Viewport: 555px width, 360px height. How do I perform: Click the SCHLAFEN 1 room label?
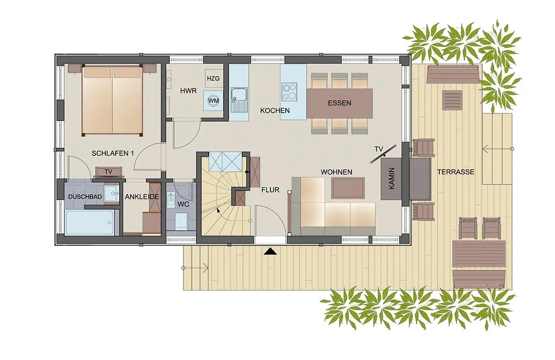click(113, 153)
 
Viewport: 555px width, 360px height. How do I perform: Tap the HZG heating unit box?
click(213, 78)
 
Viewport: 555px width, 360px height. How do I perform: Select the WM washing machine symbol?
click(213, 100)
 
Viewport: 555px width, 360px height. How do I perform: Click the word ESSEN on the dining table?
click(340, 103)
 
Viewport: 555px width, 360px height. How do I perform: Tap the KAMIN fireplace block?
click(391, 178)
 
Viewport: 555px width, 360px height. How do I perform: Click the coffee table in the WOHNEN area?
click(347, 188)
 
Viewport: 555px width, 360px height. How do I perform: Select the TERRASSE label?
click(455, 172)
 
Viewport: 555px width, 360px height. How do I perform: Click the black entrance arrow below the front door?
click(271, 251)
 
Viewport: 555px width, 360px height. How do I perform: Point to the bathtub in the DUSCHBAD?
click(90, 223)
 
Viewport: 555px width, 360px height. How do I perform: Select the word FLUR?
click(270, 190)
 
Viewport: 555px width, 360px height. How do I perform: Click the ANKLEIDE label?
click(142, 196)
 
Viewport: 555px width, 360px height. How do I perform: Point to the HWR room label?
click(188, 91)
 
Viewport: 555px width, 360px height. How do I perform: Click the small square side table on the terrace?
click(452, 100)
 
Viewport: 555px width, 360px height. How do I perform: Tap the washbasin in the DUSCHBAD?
click(112, 193)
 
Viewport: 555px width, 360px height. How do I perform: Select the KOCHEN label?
click(274, 111)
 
